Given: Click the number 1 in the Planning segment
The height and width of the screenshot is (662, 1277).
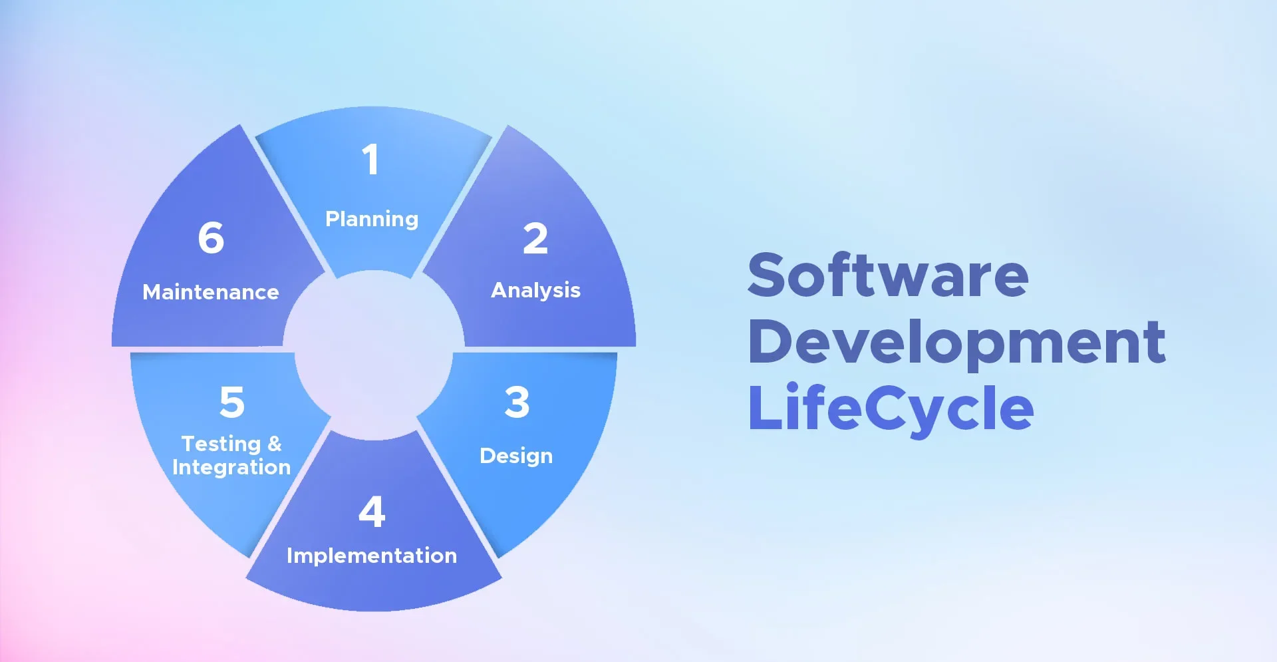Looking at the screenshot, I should (370, 160).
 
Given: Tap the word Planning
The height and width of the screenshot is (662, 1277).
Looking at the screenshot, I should (371, 219).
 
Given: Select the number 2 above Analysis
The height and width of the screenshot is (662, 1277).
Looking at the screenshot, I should (535, 239).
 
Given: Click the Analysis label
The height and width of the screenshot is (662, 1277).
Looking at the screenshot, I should (535, 290).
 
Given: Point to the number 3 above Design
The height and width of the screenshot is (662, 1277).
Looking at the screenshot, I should (517, 403).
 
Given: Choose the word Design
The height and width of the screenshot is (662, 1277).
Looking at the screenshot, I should (516, 456).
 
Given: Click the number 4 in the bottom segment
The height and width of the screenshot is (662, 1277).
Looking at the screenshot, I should (372, 512).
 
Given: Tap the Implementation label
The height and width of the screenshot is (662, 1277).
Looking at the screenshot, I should (371, 556).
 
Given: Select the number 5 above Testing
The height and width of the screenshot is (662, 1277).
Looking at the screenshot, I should (232, 403).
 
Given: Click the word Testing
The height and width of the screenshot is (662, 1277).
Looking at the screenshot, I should (221, 444).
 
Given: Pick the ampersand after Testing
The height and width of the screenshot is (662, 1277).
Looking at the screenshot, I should (275, 444).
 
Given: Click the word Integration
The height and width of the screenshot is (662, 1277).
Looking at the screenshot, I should (231, 467).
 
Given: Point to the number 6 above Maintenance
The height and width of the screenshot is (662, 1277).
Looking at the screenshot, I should (211, 238).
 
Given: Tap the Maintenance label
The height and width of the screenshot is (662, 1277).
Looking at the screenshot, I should (210, 292).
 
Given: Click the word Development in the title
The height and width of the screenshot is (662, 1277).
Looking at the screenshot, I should (956, 342).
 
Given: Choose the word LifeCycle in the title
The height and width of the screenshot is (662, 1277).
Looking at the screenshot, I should (891, 408).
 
